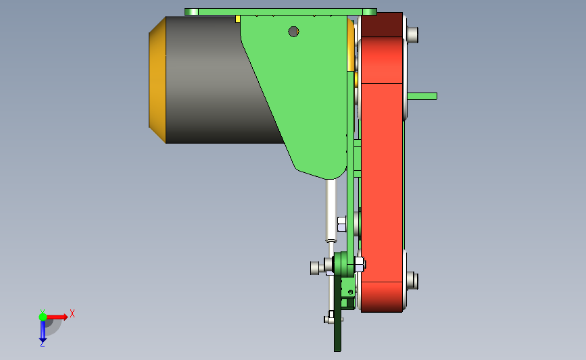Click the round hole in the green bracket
click(x=293, y=32)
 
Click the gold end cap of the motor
click(x=157, y=80)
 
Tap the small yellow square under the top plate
click(x=238, y=19)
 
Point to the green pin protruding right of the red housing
click(x=422, y=97)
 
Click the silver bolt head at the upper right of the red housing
click(x=412, y=34)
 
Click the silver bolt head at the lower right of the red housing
click(x=412, y=280)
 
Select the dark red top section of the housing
click(x=382, y=24)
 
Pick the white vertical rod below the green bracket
click(x=331, y=211)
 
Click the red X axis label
click(x=72, y=313)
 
